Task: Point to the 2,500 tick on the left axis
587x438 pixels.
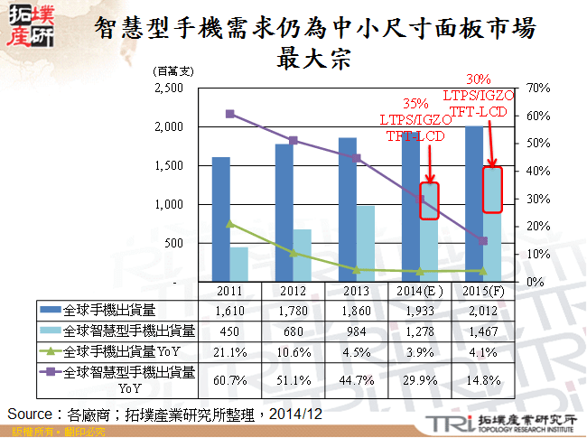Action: (169, 88)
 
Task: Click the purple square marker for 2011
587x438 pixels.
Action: (230, 114)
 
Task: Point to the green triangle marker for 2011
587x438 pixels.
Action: (230, 223)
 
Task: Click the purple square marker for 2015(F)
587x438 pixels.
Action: (483, 241)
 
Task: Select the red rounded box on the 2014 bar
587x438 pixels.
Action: (430, 200)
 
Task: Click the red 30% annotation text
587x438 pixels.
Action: (480, 79)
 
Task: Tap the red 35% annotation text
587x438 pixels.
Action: (415, 103)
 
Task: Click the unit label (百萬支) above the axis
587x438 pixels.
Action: (174, 70)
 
